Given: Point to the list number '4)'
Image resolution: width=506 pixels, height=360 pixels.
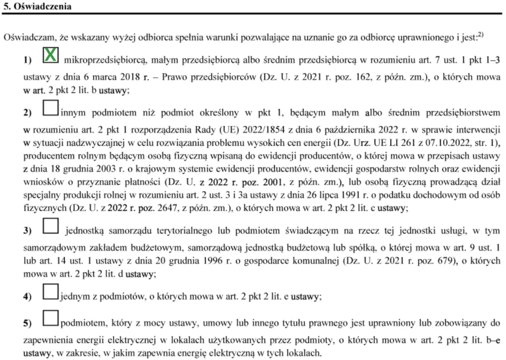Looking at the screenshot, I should [x=28, y=297].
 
